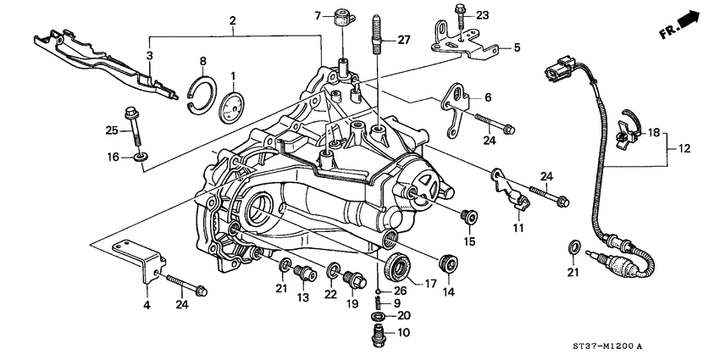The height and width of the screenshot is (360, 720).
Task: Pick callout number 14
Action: (446, 291)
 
